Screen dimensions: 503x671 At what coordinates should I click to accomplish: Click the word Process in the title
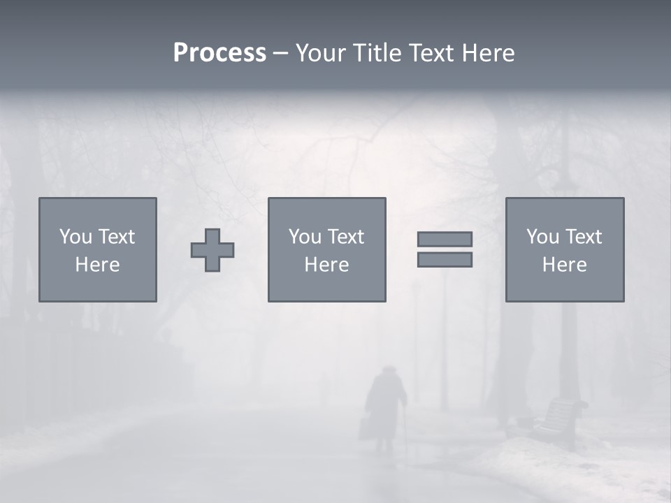point(219,53)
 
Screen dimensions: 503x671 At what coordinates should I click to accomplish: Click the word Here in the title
point(489,53)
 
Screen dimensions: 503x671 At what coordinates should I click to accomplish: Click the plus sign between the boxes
point(212,250)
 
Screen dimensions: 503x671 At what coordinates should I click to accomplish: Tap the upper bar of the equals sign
point(445,239)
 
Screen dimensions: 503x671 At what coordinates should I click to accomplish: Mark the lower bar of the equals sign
point(445,260)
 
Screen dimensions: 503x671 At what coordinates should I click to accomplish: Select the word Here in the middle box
point(326,265)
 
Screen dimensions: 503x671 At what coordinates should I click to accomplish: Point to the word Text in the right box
point(583,237)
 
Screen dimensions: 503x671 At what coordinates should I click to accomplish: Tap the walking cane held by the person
point(402,430)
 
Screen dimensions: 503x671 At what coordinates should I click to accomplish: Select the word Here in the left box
point(98,265)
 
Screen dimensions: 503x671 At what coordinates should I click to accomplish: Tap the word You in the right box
point(543,237)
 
